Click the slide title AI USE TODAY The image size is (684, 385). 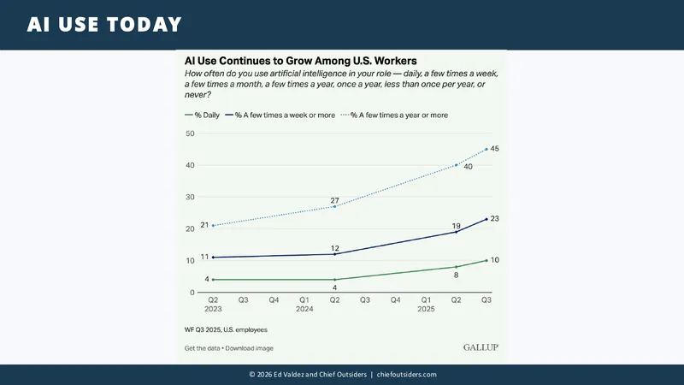coord(104,25)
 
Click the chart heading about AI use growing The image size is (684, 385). coord(301,61)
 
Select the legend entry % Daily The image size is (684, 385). coord(202,115)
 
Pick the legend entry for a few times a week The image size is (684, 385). coord(280,115)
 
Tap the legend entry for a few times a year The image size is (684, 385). coord(394,115)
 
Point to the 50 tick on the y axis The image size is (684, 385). coord(190,133)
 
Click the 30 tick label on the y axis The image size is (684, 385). coord(190,197)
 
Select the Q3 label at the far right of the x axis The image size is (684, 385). coord(486,300)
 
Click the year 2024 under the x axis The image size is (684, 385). coord(304,309)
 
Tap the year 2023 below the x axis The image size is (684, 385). coord(213,309)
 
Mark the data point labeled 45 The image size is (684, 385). coord(486,149)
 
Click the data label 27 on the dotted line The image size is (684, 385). coord(334,201)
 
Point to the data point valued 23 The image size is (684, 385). coord(486,219)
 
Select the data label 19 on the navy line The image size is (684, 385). coord(456,226)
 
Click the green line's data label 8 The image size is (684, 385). coord(456,275)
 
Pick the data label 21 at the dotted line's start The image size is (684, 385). coord(204,225)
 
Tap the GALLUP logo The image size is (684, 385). coord(481,347)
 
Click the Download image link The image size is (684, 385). coord(249,348)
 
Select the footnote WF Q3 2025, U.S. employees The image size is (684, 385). coord(226,330)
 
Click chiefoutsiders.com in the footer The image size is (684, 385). coord(407,375)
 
